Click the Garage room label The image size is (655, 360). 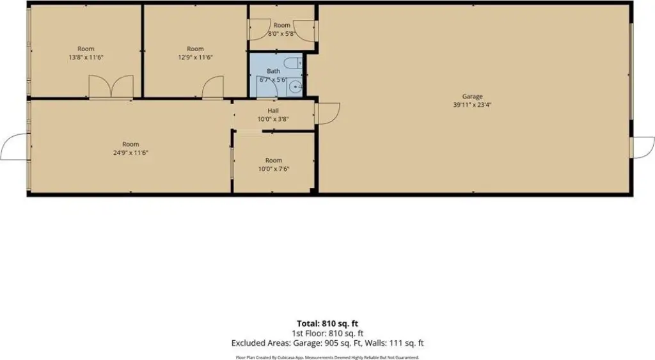473,97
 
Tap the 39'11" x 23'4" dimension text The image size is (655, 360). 473,105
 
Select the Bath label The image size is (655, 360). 273,71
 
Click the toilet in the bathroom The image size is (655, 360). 293,63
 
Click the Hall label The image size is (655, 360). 273,111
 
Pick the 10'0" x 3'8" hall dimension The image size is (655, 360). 273,119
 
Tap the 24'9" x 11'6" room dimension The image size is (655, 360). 130,153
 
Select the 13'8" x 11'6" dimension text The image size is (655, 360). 86,57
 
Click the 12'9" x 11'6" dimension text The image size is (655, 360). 195,57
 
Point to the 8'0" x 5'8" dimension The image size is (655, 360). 281,33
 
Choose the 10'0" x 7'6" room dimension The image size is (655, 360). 273,169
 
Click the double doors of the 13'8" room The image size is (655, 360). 111,87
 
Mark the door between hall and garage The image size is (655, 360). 327,113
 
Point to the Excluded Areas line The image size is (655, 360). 327,343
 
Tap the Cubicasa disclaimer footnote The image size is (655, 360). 327,357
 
